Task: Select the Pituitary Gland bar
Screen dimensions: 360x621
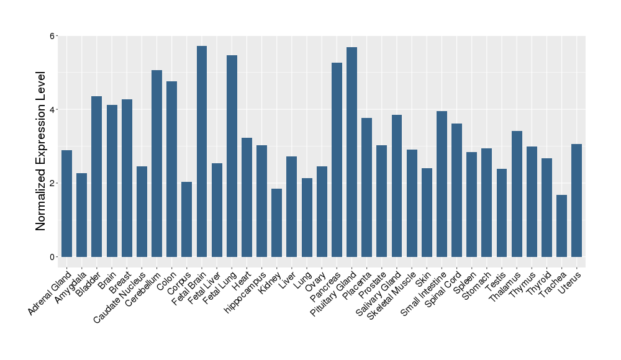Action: [x=351, y=151]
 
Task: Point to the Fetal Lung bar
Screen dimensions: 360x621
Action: [x=232, y=156]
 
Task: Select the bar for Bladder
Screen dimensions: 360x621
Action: [x=96, y=176]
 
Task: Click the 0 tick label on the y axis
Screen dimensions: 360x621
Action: [x=53, y=257]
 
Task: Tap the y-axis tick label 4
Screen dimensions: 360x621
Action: [x=53, y=110]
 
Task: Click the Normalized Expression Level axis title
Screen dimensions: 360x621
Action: [x=41, y=151]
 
